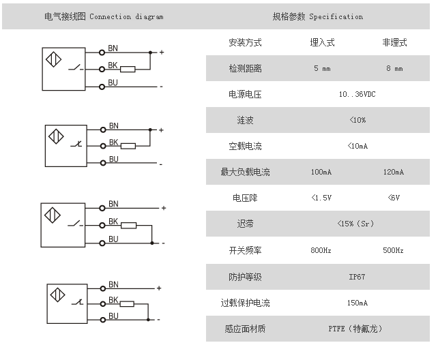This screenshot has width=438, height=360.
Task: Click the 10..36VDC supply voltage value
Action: pos(357,94)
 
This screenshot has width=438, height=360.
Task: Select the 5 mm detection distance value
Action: pos(322,68)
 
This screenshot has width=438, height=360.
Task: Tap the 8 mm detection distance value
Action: pos(394,68)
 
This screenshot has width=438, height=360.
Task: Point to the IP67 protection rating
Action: pos(357,277)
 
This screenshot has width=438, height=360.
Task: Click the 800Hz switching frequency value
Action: pos(321,250)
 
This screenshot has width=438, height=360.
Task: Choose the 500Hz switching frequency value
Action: pos(393,250)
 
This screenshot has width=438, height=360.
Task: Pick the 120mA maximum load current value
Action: pos(393,172)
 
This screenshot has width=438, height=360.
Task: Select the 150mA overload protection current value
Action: pos(357,303)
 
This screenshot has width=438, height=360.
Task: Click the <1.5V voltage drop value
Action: pos(321,198)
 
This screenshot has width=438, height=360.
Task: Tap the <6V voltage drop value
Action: pos(394,198)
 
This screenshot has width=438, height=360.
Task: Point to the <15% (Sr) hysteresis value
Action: pos(355,224)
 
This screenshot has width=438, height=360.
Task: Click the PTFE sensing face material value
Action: pos(355,329)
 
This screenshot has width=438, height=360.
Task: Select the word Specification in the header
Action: pos(336,17)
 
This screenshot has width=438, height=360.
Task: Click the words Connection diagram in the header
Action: pos(126,17)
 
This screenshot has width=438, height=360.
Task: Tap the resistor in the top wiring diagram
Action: pos(128,70)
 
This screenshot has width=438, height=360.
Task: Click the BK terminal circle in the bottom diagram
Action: pos(103,304)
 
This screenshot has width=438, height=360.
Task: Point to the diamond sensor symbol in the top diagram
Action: pos(53,59)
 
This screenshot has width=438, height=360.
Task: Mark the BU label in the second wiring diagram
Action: pos(114,160)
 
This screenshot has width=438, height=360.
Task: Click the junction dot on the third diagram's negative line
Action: pos(152,243)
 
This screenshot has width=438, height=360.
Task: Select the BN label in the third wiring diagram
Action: pos(113,204)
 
